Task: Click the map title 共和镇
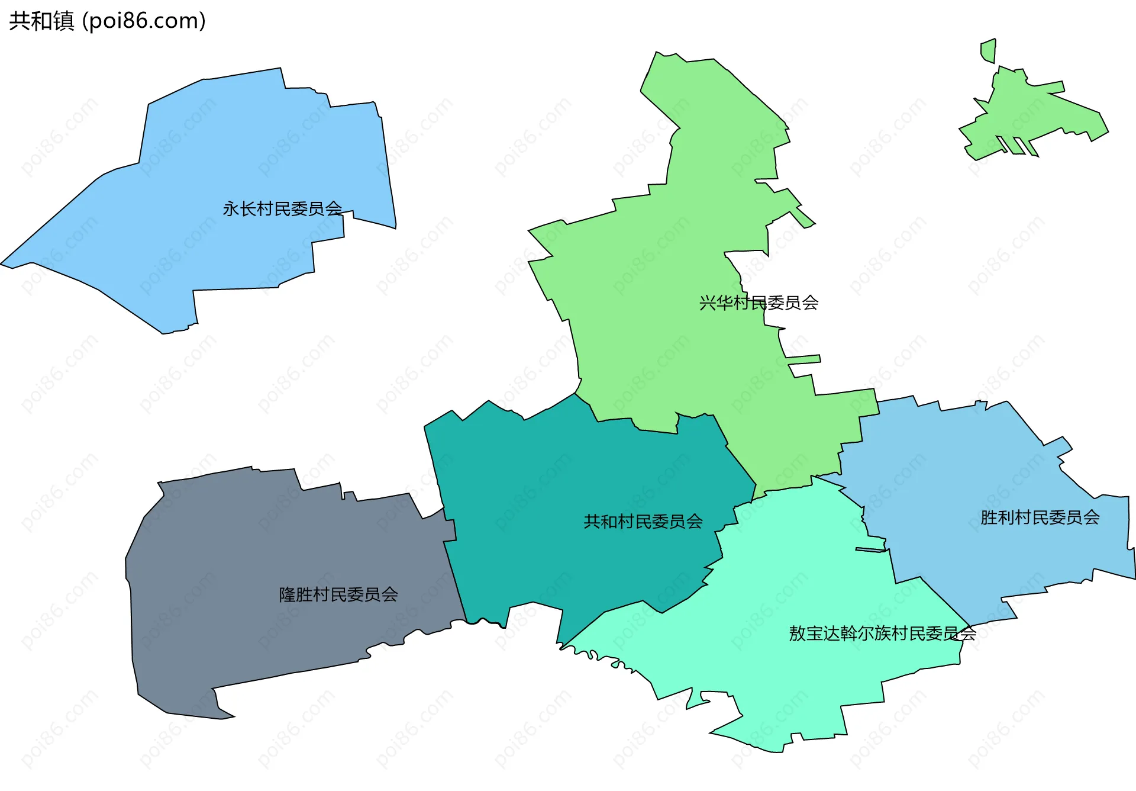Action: [41, 21]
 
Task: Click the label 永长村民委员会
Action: [282, 209]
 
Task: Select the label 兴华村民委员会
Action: [759, 303]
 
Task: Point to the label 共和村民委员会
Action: [643, 522]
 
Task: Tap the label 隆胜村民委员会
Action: [338, 594]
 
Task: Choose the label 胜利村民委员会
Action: [1040, 518]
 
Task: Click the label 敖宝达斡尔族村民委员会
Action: [882, 634]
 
